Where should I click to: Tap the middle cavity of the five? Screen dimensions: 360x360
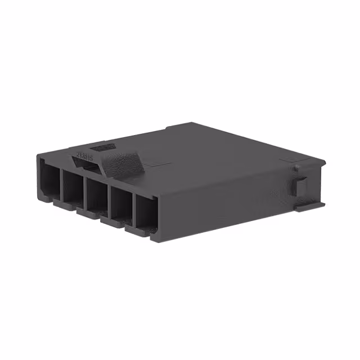(96, 196)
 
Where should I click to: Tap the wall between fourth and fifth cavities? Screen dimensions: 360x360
(133, 211)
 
